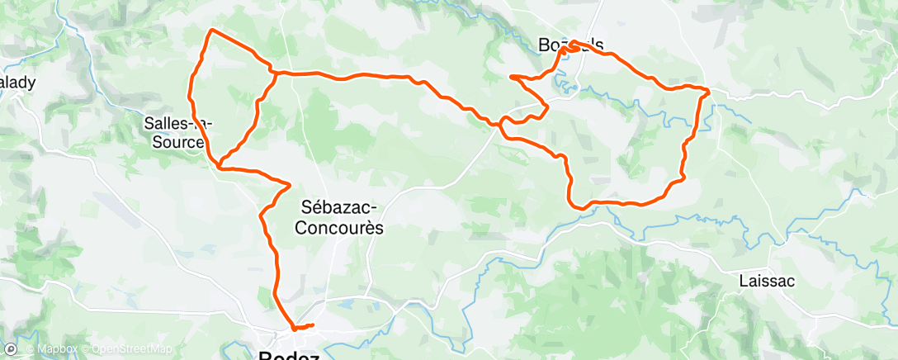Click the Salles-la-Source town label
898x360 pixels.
[177, 132]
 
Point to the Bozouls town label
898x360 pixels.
[570, 48]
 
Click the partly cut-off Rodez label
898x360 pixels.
[290, 355]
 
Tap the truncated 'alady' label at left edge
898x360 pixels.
[17, 83]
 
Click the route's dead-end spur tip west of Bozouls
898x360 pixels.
[511, 77]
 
